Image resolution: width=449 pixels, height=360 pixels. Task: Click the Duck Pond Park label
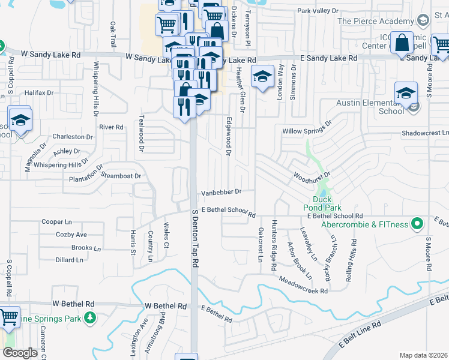(321, 203)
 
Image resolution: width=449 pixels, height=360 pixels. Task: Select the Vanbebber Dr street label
(221, 192)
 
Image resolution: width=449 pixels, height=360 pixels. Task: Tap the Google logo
(20, 352)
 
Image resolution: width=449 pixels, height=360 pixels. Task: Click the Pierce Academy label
(376, 21)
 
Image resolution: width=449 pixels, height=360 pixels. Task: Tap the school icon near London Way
(262, 76)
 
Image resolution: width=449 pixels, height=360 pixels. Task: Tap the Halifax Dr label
(39, 93)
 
